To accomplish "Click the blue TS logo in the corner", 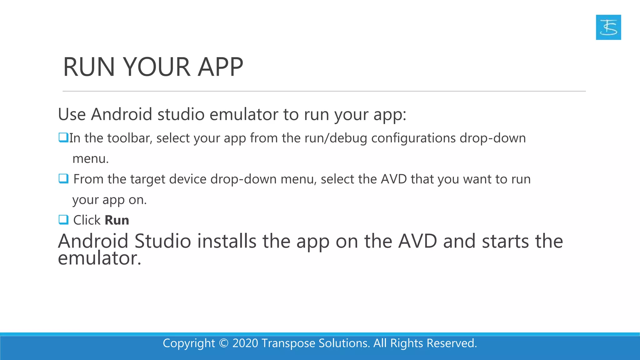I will tap(608, 27).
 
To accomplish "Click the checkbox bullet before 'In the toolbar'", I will tap(63, 137).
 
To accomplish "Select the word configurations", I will tap(413, 138).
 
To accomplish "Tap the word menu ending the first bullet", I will tap(90, 159).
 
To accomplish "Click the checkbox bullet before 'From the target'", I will tap(63, 179).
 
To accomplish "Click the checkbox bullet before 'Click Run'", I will tap(63, 220).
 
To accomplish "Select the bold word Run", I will tap(117, 220).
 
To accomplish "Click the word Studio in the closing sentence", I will tap(162, 241).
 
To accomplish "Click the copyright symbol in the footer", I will tap(224, 343).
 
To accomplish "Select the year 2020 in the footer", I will tap(245, 343).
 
